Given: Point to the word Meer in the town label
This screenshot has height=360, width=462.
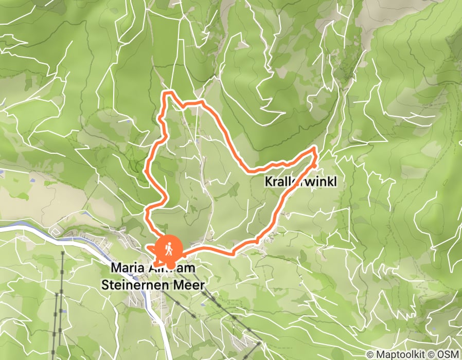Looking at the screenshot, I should click(190, 284).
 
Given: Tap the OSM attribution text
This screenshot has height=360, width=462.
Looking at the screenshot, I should click(449, 354).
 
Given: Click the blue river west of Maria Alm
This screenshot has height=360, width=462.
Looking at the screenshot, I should click(31, 227).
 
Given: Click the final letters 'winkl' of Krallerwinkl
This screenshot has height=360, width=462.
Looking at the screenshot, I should click(325, 182).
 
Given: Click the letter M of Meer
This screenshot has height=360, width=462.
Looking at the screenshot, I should click(181, 284).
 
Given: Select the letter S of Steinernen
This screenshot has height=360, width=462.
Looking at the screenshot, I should click(107, 284).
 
